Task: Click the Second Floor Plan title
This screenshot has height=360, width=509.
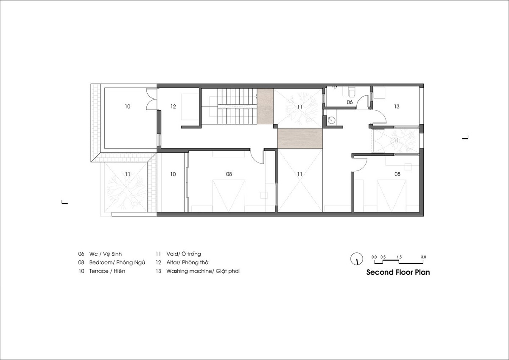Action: (x=398, y=272)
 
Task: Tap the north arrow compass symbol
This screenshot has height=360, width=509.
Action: (x=357, y=259)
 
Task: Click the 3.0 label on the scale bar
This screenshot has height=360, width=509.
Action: (x=423, y=257)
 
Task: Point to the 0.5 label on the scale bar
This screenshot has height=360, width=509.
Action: (x=383, y=257)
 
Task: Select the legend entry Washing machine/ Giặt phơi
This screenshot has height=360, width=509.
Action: (x=203, y=271)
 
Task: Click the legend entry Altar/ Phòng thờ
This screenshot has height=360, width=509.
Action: (x=187, y=262)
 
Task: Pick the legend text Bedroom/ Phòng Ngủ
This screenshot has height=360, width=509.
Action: (x=117, y=262)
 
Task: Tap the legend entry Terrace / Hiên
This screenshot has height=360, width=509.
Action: (x=107, y=271)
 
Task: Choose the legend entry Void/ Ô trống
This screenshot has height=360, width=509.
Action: (x=184, y=254)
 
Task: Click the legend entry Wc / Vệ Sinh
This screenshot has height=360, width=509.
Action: (x=106, y=254)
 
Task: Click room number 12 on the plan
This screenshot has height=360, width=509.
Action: (x=173, y=106)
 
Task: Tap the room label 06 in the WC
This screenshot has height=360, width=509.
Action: (x=350, y=102)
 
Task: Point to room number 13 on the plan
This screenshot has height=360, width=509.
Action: (x=397, y=106)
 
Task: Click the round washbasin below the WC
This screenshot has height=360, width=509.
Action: (x=331, y=120)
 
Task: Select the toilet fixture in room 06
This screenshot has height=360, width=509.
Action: (x=352, y=92)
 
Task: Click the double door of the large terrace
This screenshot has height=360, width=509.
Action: (x=151, y=99)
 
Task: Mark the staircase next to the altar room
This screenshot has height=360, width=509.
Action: (x=238, y=106)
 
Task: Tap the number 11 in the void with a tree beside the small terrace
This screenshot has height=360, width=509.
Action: (x=128, y=174)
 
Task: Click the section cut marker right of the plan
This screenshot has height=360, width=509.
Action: (x=466, y=137)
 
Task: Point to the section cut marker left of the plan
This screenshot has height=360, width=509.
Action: (x=65, y=202)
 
